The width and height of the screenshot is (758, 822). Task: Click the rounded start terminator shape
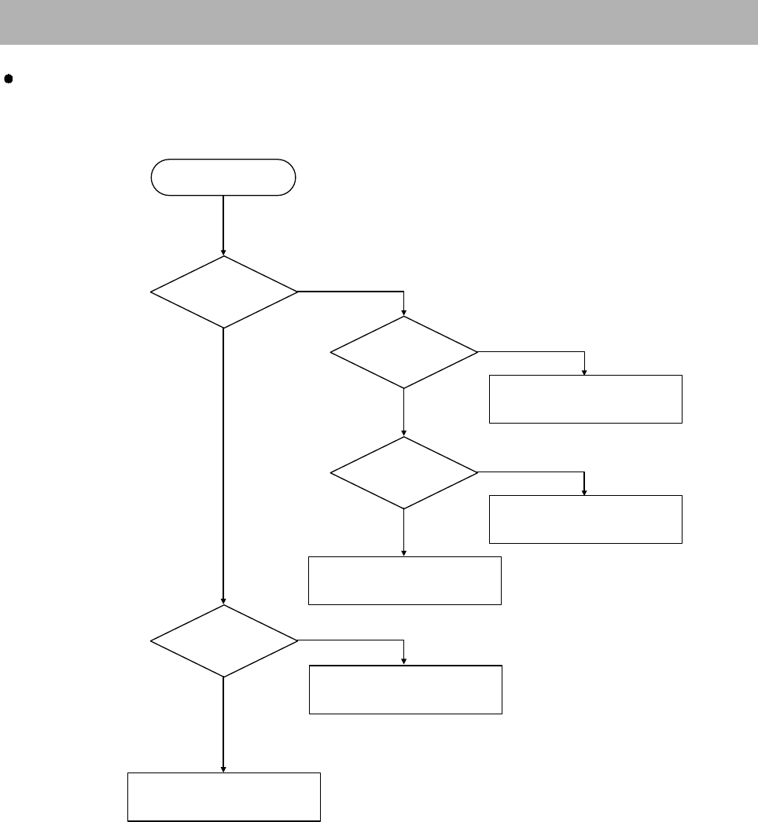pos(223,177)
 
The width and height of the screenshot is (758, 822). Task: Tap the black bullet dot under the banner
pos(9,79)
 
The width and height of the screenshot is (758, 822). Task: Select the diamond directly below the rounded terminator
pos(224,292)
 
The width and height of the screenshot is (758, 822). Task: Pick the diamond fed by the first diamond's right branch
pos(404,352)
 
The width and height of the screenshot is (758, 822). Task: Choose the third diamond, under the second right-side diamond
pos(404,473)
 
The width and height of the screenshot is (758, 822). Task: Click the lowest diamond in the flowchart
pos(224,640)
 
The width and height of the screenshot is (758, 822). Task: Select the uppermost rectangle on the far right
pos(585,399)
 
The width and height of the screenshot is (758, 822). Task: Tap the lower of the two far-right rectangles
pos(585,519)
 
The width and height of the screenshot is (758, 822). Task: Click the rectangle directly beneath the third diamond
pos(404,580)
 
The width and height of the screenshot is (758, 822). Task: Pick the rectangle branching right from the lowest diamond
pos(405,689)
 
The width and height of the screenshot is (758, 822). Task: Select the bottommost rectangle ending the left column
pos(224,797)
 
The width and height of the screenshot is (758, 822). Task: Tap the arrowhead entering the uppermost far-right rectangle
pos(585,371)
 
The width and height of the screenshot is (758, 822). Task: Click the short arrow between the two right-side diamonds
pos(404,413)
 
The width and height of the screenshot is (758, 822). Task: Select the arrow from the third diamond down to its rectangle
pos(404,533)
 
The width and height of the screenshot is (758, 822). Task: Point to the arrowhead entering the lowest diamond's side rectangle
pos(404,661)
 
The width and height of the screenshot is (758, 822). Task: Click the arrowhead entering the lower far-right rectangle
pos(585,491)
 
